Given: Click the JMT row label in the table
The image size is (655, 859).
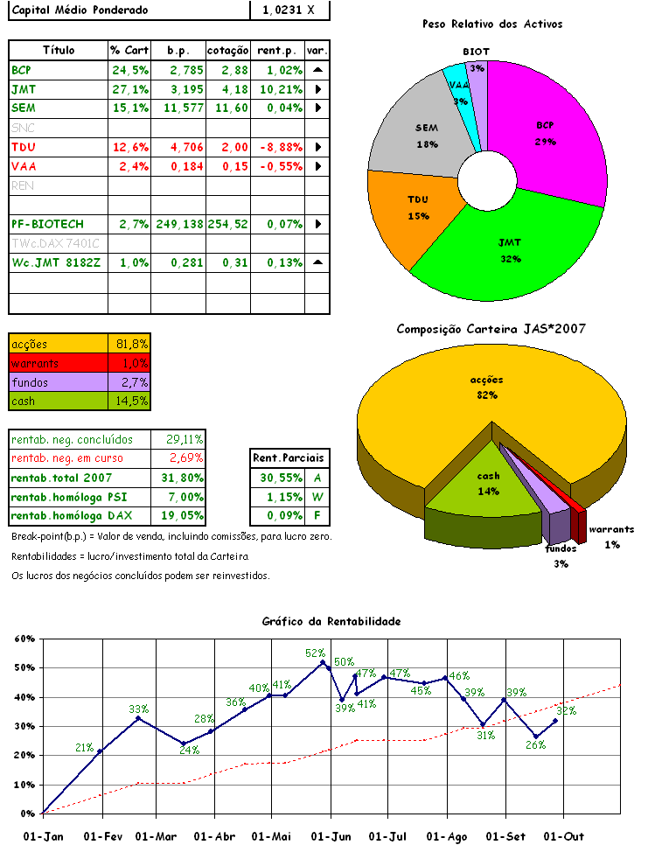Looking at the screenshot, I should [x=24, y=89].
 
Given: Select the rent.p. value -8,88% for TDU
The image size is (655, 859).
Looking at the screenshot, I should [x=280, y=147].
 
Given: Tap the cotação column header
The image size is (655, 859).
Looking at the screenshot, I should [x=228, y=50].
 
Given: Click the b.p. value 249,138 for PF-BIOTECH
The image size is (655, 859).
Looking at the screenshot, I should [x=178, y=225].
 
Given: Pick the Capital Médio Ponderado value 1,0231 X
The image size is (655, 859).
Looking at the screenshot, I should [x=289, y=10].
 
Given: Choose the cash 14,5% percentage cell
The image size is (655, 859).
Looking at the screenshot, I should [x=129, y=401].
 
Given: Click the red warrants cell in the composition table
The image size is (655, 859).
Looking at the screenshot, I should [x=58, y=363].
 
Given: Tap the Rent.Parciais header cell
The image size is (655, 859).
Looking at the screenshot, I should [x=288, y=457].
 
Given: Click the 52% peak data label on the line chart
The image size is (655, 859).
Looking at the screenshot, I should [x=315, y=653].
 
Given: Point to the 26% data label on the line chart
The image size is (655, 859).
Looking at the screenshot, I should [x=535, y=745].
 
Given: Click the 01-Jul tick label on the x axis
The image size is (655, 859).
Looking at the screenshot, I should [x=387, y=837].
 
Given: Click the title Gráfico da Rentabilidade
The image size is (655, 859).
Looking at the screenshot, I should [x=331, y=621].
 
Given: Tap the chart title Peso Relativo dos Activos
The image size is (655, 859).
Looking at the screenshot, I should [x=491, y=24].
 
